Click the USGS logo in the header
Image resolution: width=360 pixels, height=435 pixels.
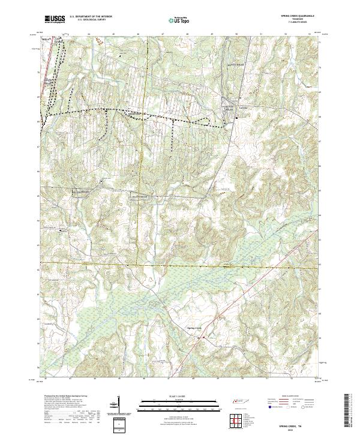(x=55, y=19)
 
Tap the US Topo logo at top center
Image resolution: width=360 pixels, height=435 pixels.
(x=180, y=20)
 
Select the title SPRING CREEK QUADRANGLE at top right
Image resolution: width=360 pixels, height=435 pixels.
(x=297, y=15)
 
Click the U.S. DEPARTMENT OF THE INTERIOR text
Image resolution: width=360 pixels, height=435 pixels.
(x=91, y=17)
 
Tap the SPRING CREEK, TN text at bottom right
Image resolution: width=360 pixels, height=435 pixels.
(x=298, y=424)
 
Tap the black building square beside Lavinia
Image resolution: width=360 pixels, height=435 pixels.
(x=236, y=118)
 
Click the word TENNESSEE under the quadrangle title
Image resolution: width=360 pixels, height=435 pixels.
(x=297, y=19)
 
